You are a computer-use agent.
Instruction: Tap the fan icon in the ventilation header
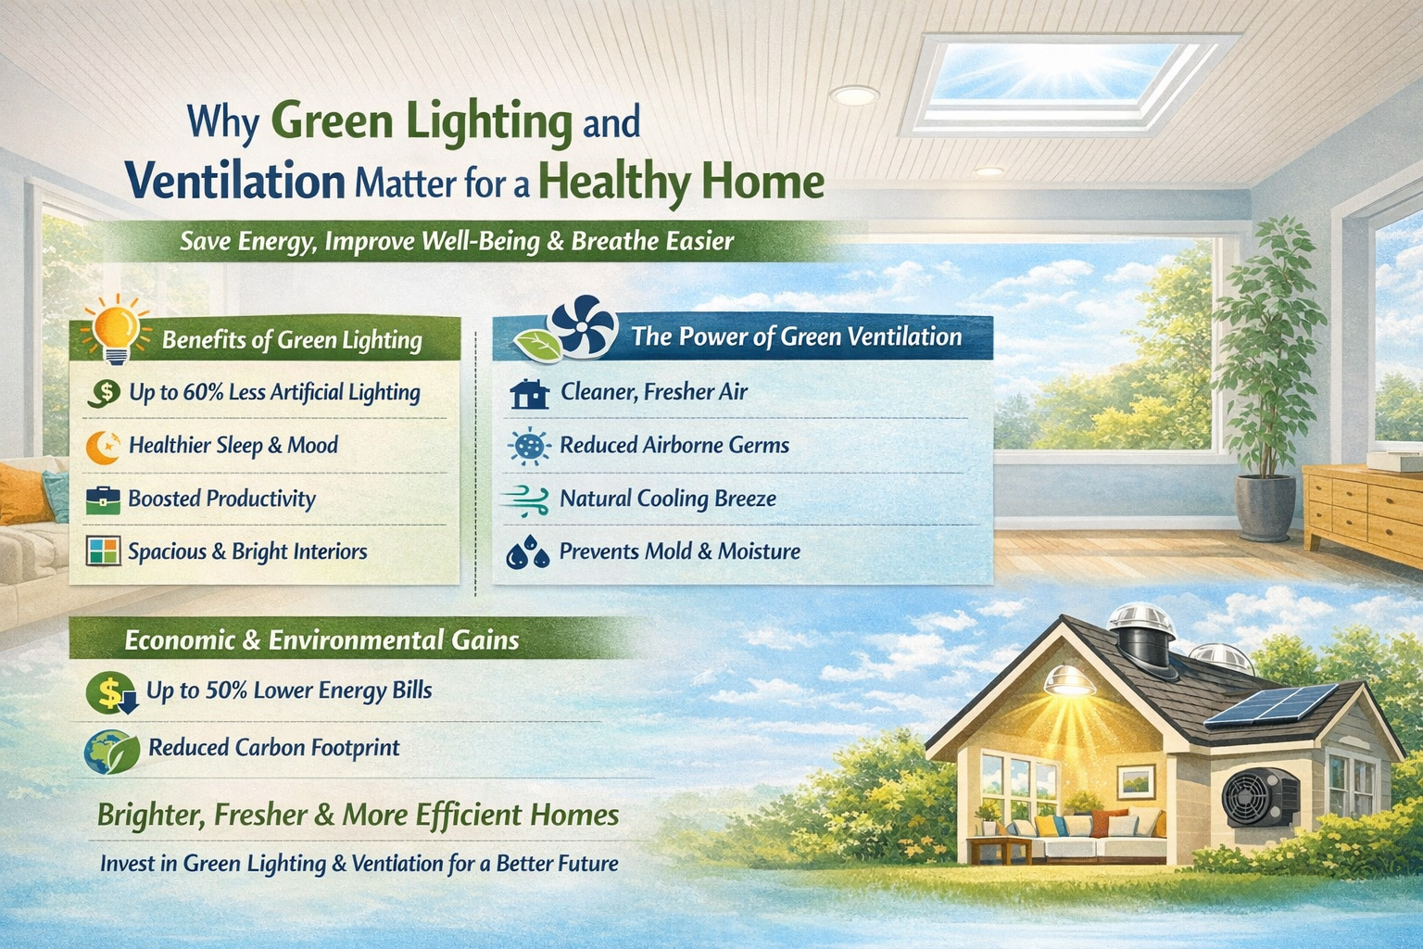583,327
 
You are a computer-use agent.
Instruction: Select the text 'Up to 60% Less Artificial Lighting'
274,393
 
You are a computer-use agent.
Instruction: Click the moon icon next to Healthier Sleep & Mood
103,447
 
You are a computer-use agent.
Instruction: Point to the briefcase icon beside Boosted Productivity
103,500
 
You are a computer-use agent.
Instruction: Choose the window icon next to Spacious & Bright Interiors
103,551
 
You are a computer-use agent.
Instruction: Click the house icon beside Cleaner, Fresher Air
530,394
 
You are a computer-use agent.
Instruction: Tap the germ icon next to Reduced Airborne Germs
530,447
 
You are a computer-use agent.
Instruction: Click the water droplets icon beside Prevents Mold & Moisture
528,552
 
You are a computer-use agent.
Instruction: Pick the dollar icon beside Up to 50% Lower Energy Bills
110,692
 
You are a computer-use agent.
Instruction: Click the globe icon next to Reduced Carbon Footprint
110,752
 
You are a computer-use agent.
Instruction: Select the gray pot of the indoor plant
1266,507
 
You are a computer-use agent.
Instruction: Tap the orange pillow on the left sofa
22,493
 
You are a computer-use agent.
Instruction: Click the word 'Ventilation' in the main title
235,181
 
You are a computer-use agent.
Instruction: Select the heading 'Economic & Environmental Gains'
321,640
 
